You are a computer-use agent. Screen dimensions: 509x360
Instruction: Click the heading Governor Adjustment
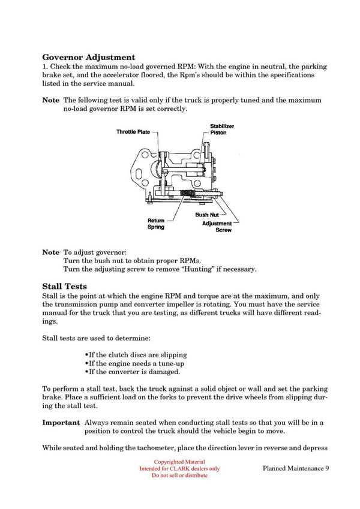pyautogui.click(x=88, y=56)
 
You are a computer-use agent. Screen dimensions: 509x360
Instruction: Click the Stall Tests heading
pyautogui.click(x=64, y=286)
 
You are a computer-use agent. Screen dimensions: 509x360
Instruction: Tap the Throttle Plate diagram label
pyautogui.click(x=133, y=132)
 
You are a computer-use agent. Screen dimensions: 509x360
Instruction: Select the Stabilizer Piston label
pyautogui.click(x=221, y=129)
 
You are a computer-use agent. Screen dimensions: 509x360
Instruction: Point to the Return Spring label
pyautogui.click(x=156, y=224)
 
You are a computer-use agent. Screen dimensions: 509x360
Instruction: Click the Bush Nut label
pyautogui.click(x=206, y=215)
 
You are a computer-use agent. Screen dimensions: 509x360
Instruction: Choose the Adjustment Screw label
pyautogui.click(x=217, y=227)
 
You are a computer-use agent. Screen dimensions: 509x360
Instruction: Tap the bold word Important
pyautogui.click(x=61, y=422)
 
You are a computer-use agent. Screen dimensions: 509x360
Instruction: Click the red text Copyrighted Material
pyautogui.click(x=179, y=462)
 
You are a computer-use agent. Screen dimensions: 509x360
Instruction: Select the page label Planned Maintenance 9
pyautogui.click(x=296, y=468)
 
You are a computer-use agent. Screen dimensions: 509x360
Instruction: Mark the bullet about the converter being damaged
pyautogui.click(x=133, y=372)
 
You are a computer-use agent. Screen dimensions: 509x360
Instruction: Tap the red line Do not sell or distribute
pyautogui.click(x=179, y=475)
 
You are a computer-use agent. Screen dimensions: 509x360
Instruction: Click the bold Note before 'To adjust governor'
pyautogui.click(x=50, y=252)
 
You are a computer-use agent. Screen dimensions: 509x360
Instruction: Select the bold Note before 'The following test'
pyautogui.click(x=50, y=100)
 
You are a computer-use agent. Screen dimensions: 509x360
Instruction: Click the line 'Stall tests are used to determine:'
pyautogui.click(x=92, y=338)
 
